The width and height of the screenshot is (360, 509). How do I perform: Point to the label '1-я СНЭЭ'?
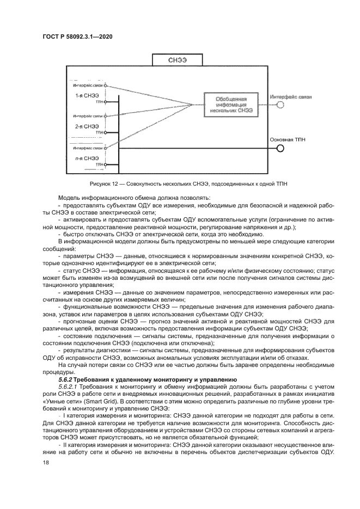[x=87, y=95]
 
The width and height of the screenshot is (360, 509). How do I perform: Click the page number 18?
[x=46, y=462]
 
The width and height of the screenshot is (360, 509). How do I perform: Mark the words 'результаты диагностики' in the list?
[x=93, y=349]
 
